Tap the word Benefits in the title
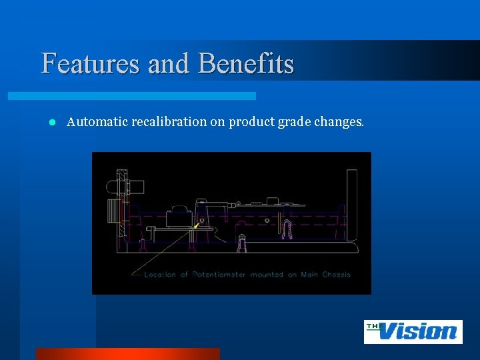[x=246, y=64]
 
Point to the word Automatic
[x=97, y=122]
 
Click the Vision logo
[x=413, y=331]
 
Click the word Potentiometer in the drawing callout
[x=219, y=274]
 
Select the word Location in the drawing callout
[x=160, y=274]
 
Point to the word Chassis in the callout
[x=336, y=274]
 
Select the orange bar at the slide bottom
[x=127, y=353]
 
